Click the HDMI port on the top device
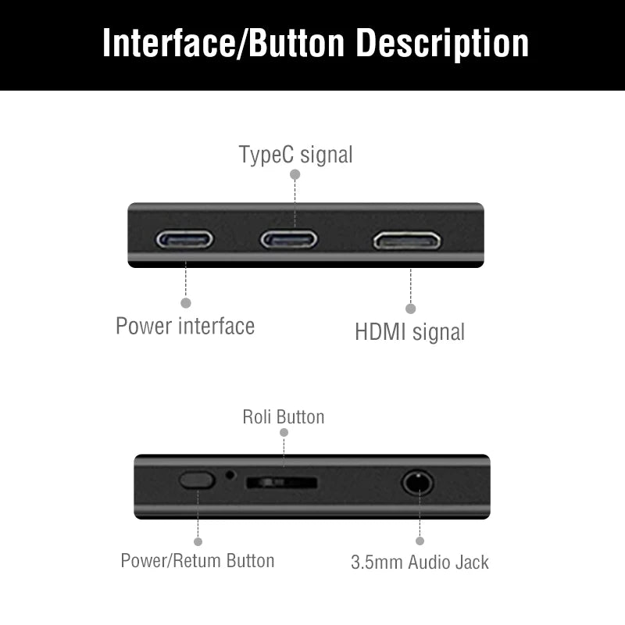tap(407, 240)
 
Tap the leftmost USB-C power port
tap(184, 239)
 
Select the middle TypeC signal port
tap(289, 239)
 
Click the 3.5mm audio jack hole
tap(417, 482)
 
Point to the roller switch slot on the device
tap(282, 483)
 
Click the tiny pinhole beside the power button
tap(230, 473)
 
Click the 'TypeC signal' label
tap(295, 155)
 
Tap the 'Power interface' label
tap(185, 326)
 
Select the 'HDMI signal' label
tap(409, 332)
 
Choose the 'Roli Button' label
tap(283, 416)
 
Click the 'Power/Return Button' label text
tap(198, 561)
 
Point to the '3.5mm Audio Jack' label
tap(420, 562)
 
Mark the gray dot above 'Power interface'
tap(186, 302)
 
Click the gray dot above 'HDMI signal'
tap(411, 309)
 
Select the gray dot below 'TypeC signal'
tap(295, 175)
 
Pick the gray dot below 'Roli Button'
tap(284, 432)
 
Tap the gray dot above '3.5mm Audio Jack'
tap(420, 541)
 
